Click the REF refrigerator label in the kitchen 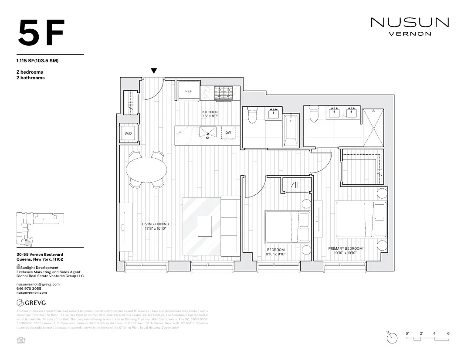[x=188, y=91]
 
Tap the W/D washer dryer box [x=129, y=133]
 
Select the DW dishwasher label [x=228, y=132]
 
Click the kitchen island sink [x=208, y=132]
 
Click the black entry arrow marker [x=154, y=71]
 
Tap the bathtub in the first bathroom [x=291, y=130]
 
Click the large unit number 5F [x=41, y=33]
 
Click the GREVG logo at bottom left [x=31, y=302]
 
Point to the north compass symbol [x=392, y=337]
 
